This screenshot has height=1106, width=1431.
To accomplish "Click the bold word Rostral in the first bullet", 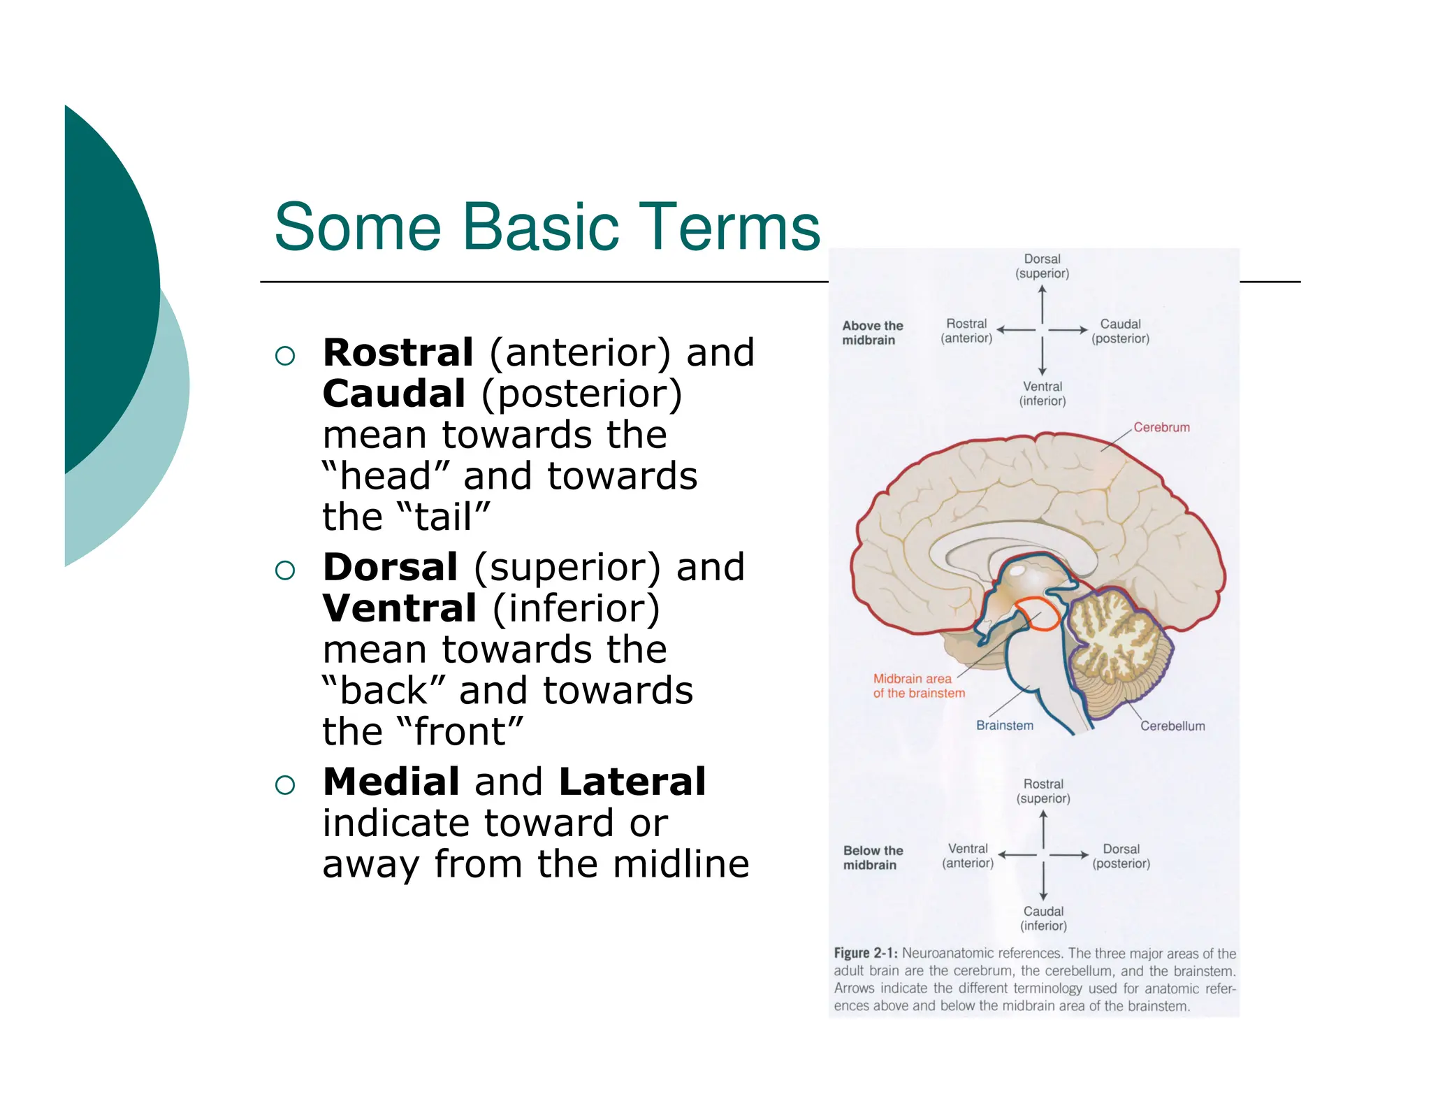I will pos(398,352).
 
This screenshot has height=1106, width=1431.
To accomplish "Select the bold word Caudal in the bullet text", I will pos(393,394).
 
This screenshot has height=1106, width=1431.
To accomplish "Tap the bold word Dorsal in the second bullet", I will pos(390,567).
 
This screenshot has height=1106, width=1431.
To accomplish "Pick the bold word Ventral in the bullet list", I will pos(399,608).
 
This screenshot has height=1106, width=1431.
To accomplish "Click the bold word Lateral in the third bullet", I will pos(632,782).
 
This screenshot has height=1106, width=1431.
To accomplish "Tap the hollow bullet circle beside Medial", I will pos(285,785).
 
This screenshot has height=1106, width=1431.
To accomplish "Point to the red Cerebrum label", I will pos(1161,427).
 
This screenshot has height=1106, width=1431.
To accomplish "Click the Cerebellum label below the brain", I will pos(1172,726).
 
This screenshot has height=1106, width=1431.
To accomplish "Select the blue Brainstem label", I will pos(1004,726).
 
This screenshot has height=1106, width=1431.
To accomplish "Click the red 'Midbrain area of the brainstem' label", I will pos(918,686).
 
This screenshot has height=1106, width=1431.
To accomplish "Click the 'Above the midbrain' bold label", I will pos(871,333).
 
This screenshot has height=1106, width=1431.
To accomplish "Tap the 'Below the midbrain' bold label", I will pos(872,858).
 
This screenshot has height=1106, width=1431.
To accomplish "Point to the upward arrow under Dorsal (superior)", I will pos(1042,304).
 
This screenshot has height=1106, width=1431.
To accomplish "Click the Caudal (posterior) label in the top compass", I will pos(1119,331).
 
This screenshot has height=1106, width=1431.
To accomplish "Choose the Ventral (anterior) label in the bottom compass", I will pos(967,856).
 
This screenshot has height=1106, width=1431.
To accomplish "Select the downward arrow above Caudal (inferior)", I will pos(1043,881).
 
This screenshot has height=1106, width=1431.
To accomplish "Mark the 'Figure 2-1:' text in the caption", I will pos(865,953).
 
